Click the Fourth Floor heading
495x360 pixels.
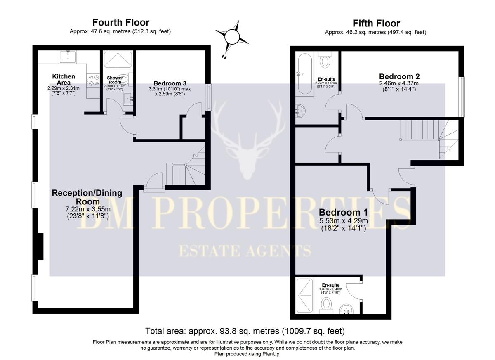click(x=120, y=22)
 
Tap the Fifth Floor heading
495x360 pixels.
click(x=376, y=23)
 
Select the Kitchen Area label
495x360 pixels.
click(x=64, y=79)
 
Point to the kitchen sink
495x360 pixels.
click(x=68, y=57)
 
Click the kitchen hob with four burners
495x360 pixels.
click(x=93, y=79)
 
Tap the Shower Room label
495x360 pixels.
click(x=115, y=80)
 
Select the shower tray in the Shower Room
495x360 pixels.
click(x=118, y=59)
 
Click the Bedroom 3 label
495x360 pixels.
click(x=170, y=83)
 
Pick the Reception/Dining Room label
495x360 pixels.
click(x=87, y=197)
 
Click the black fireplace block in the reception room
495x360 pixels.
click(x=40, y=246)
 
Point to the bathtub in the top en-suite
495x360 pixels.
click(x=304, y=73)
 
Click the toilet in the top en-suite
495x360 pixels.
click(x=325, y=60)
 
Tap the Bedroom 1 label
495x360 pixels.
click(x=343, y=213)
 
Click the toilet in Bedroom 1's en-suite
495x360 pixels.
click(x=327, y=306)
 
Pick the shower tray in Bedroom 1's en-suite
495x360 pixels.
click(x=305, y=296)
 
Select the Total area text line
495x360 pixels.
click(x=245, y=331)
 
